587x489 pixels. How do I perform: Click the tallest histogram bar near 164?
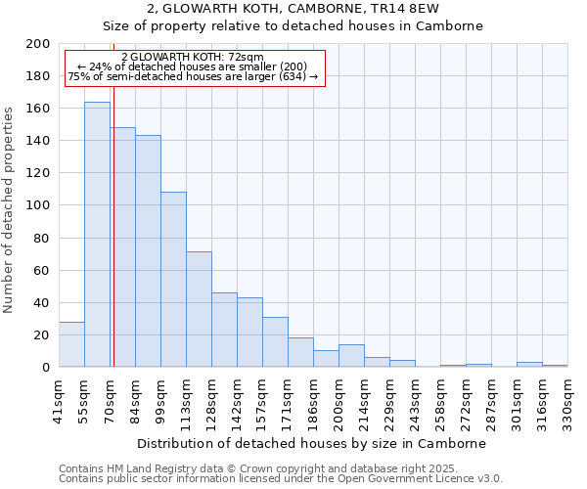point(97,235)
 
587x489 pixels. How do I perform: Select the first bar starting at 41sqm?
point(71,344)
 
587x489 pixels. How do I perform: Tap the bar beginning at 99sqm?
point(173,280)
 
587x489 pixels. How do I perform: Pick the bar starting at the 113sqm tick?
point(199,309)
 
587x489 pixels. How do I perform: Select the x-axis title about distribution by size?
point(311,443)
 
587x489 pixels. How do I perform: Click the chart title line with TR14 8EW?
point(293,9)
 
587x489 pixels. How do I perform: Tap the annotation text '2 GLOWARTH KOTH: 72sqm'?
point(193,58)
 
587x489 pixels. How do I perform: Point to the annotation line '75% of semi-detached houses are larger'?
point(193,76)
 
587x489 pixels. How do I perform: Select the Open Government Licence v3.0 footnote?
point(281,479)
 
